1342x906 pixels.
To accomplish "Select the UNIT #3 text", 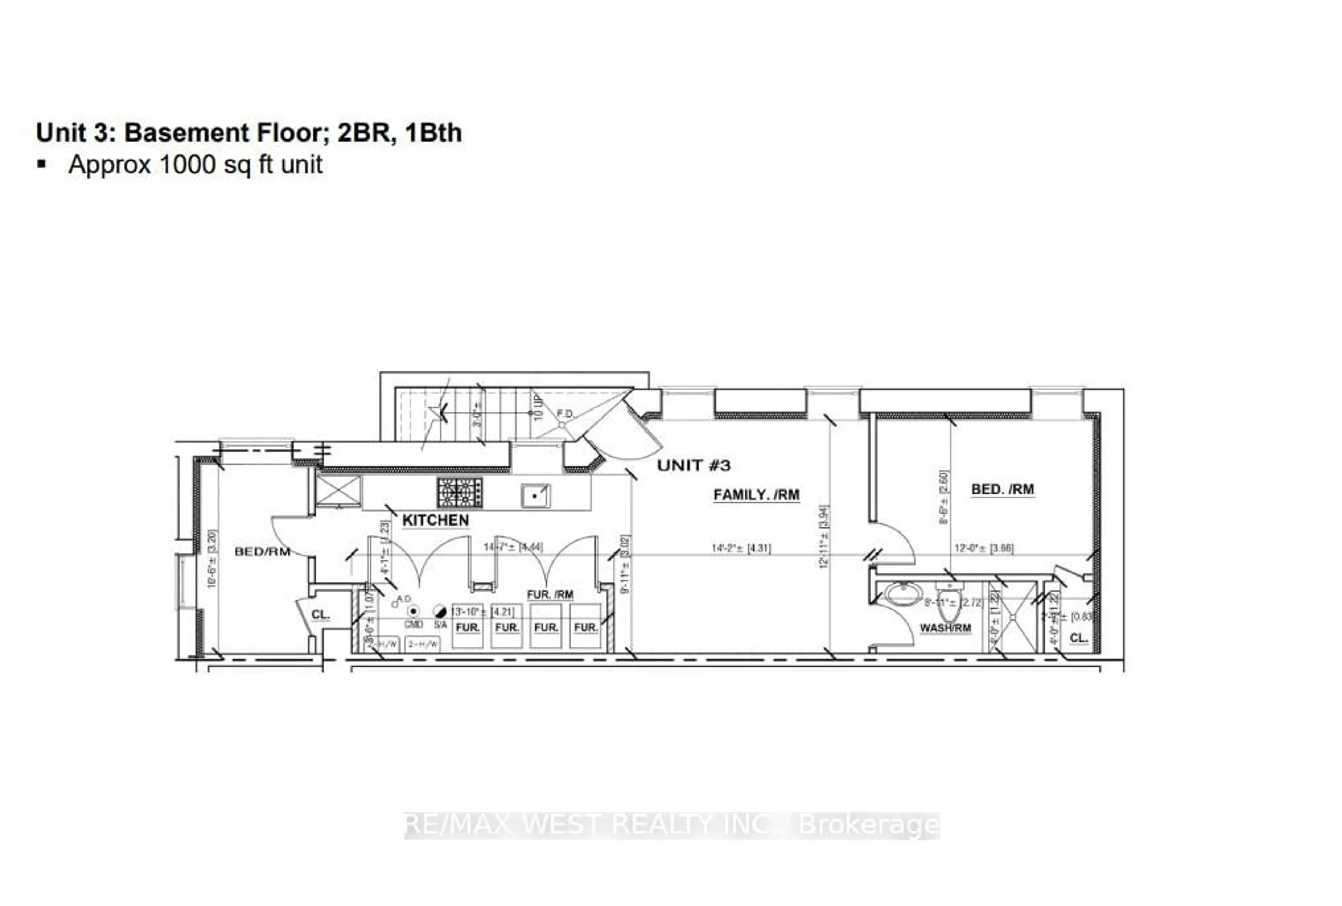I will (693, 465).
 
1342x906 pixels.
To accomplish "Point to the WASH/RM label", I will (945, 628).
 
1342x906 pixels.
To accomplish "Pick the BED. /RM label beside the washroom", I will (1002, 489).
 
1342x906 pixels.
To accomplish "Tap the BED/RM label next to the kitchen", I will (262, 551).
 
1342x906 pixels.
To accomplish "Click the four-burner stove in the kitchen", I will (460, 493).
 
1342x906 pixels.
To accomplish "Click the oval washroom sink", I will (903, 594).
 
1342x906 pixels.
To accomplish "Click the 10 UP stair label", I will (537, 407).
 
